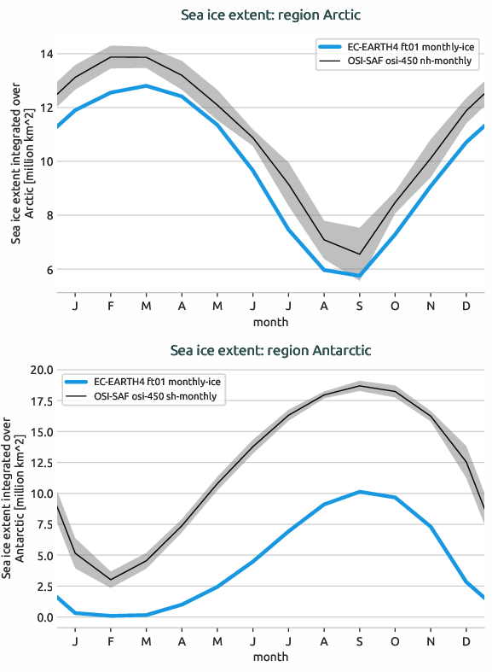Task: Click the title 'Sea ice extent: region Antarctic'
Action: [270, 350]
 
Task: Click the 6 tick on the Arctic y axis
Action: [46, 270]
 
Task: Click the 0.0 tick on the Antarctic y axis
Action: [41, 617]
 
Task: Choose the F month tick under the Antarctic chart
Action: [111, 640]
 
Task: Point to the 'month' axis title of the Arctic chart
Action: [270, 322]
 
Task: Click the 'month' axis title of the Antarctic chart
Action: [270, 657]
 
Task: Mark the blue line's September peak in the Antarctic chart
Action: [359, 492]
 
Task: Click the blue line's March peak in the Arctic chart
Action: [147, 85]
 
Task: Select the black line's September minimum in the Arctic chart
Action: [359, 254]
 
